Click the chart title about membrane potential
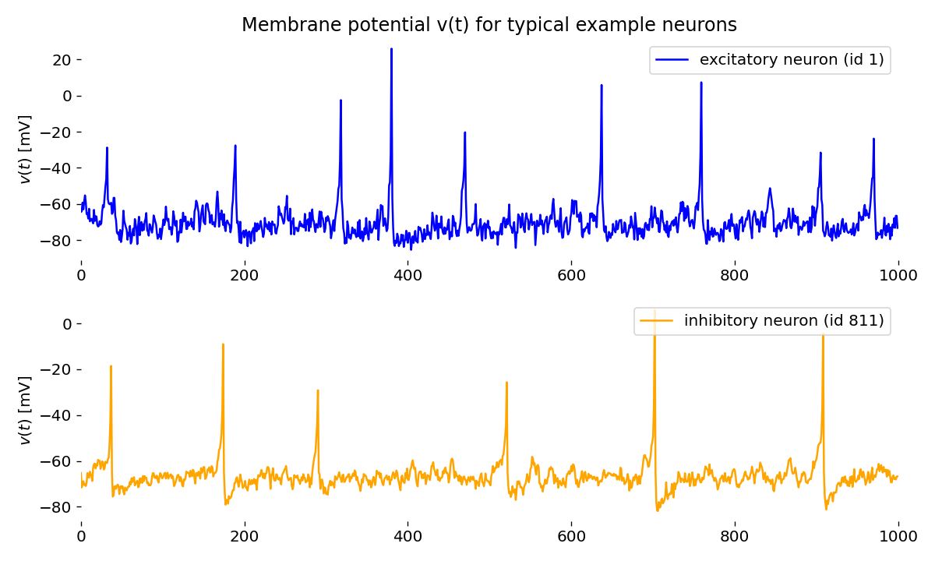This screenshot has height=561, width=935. (x=489, y=25)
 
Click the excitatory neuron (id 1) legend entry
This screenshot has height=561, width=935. (x=770, y=60)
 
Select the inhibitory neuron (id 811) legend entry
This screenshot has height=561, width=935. (x=762, y=321)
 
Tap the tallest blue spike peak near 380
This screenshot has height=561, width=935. (x=391, y=49)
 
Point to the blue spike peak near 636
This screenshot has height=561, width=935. (x=602, y=85)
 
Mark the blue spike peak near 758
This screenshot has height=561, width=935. (x=701, y=82)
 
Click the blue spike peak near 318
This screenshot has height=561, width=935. (x=341, y=101)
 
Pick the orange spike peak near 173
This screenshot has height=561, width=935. (x=223, y=344)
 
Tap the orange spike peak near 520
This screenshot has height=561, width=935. (x=506, y=383)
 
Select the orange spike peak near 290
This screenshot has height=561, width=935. (x=318, y=390)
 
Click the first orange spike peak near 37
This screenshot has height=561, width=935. (x=111, y=366)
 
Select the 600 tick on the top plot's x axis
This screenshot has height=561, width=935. (x=571, y=275)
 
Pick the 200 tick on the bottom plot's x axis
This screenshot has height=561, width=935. (x=245, y=537)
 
